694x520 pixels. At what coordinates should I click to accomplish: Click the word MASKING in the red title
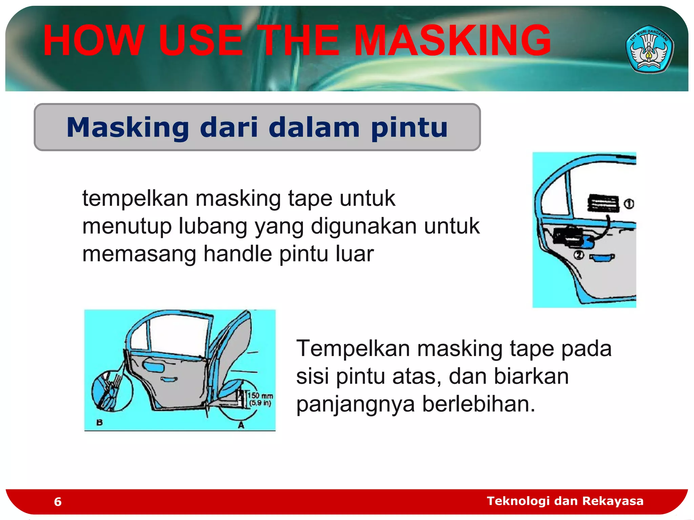click(x=452, y=41)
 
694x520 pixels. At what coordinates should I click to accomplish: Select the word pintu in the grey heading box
click(x=409, y=128)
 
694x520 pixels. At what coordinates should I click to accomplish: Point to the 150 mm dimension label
click(x=260, y=396)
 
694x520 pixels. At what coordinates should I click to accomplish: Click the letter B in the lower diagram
click(x=100, y=422)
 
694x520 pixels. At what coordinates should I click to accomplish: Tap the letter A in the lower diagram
click(x=241, y=425)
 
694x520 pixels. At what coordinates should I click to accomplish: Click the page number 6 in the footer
click(x=58, y=502)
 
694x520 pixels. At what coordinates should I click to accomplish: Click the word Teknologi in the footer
click(x=518, y=501)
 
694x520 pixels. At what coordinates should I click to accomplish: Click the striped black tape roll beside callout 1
click(x=603, y=203)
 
